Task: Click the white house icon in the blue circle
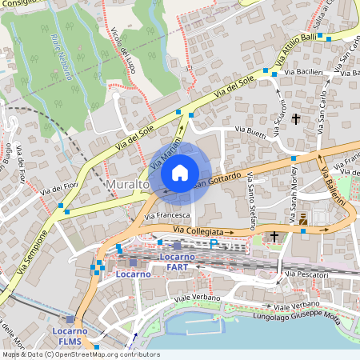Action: pos(180,173)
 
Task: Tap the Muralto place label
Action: pos(126,185)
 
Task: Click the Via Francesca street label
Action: pos(166,215)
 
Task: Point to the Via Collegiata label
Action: pos(200,230)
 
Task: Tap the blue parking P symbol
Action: pos(214,243)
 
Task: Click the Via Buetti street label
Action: pos(250,131)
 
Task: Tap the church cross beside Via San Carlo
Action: pos(296,119)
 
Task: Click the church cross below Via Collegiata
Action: pos(274,237)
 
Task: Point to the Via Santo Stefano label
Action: pos(250,199)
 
